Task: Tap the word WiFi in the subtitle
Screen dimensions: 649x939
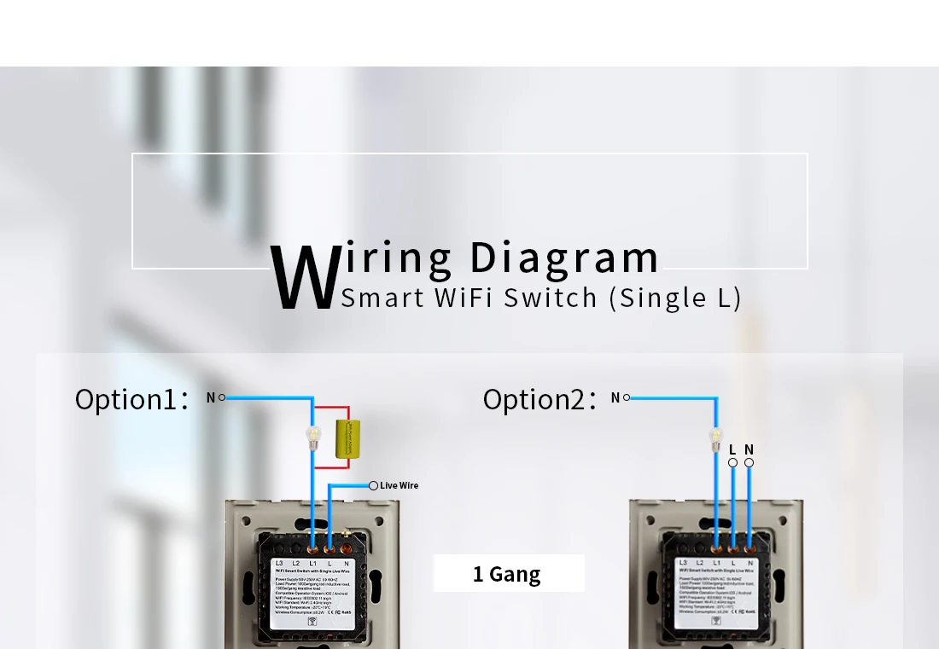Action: [x=461, y=298]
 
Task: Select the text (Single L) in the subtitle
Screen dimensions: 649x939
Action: [x=674, y=298]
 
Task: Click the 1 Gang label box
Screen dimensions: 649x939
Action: [x=508, y=574]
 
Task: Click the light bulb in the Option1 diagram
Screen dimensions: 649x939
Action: [x=312, y=436]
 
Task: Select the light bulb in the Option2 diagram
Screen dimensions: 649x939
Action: [x=716, y=438]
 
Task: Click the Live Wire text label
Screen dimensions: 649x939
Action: [x=400, y=486]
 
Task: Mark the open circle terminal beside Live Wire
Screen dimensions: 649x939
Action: [x=373, y=485]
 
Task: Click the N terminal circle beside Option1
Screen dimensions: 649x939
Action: [x=222, y=397]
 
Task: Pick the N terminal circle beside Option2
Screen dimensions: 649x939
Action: [x=627, y=397]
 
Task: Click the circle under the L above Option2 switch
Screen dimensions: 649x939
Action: [x=732, y=463]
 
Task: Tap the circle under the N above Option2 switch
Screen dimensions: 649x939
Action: [x=749, y=463]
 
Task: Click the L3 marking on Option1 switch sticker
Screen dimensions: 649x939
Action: [x=279, y=564]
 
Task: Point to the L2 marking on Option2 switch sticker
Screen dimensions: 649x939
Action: [x=700, y=563]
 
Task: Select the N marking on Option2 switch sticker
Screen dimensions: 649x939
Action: [x=749, y=563]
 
